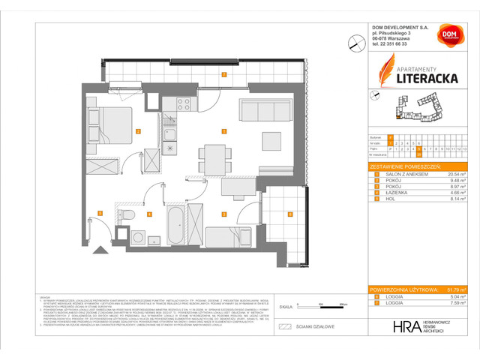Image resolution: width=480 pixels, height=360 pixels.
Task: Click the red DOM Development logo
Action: click(449, 35)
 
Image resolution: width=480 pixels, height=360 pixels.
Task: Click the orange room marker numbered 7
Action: click(224, 74)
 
